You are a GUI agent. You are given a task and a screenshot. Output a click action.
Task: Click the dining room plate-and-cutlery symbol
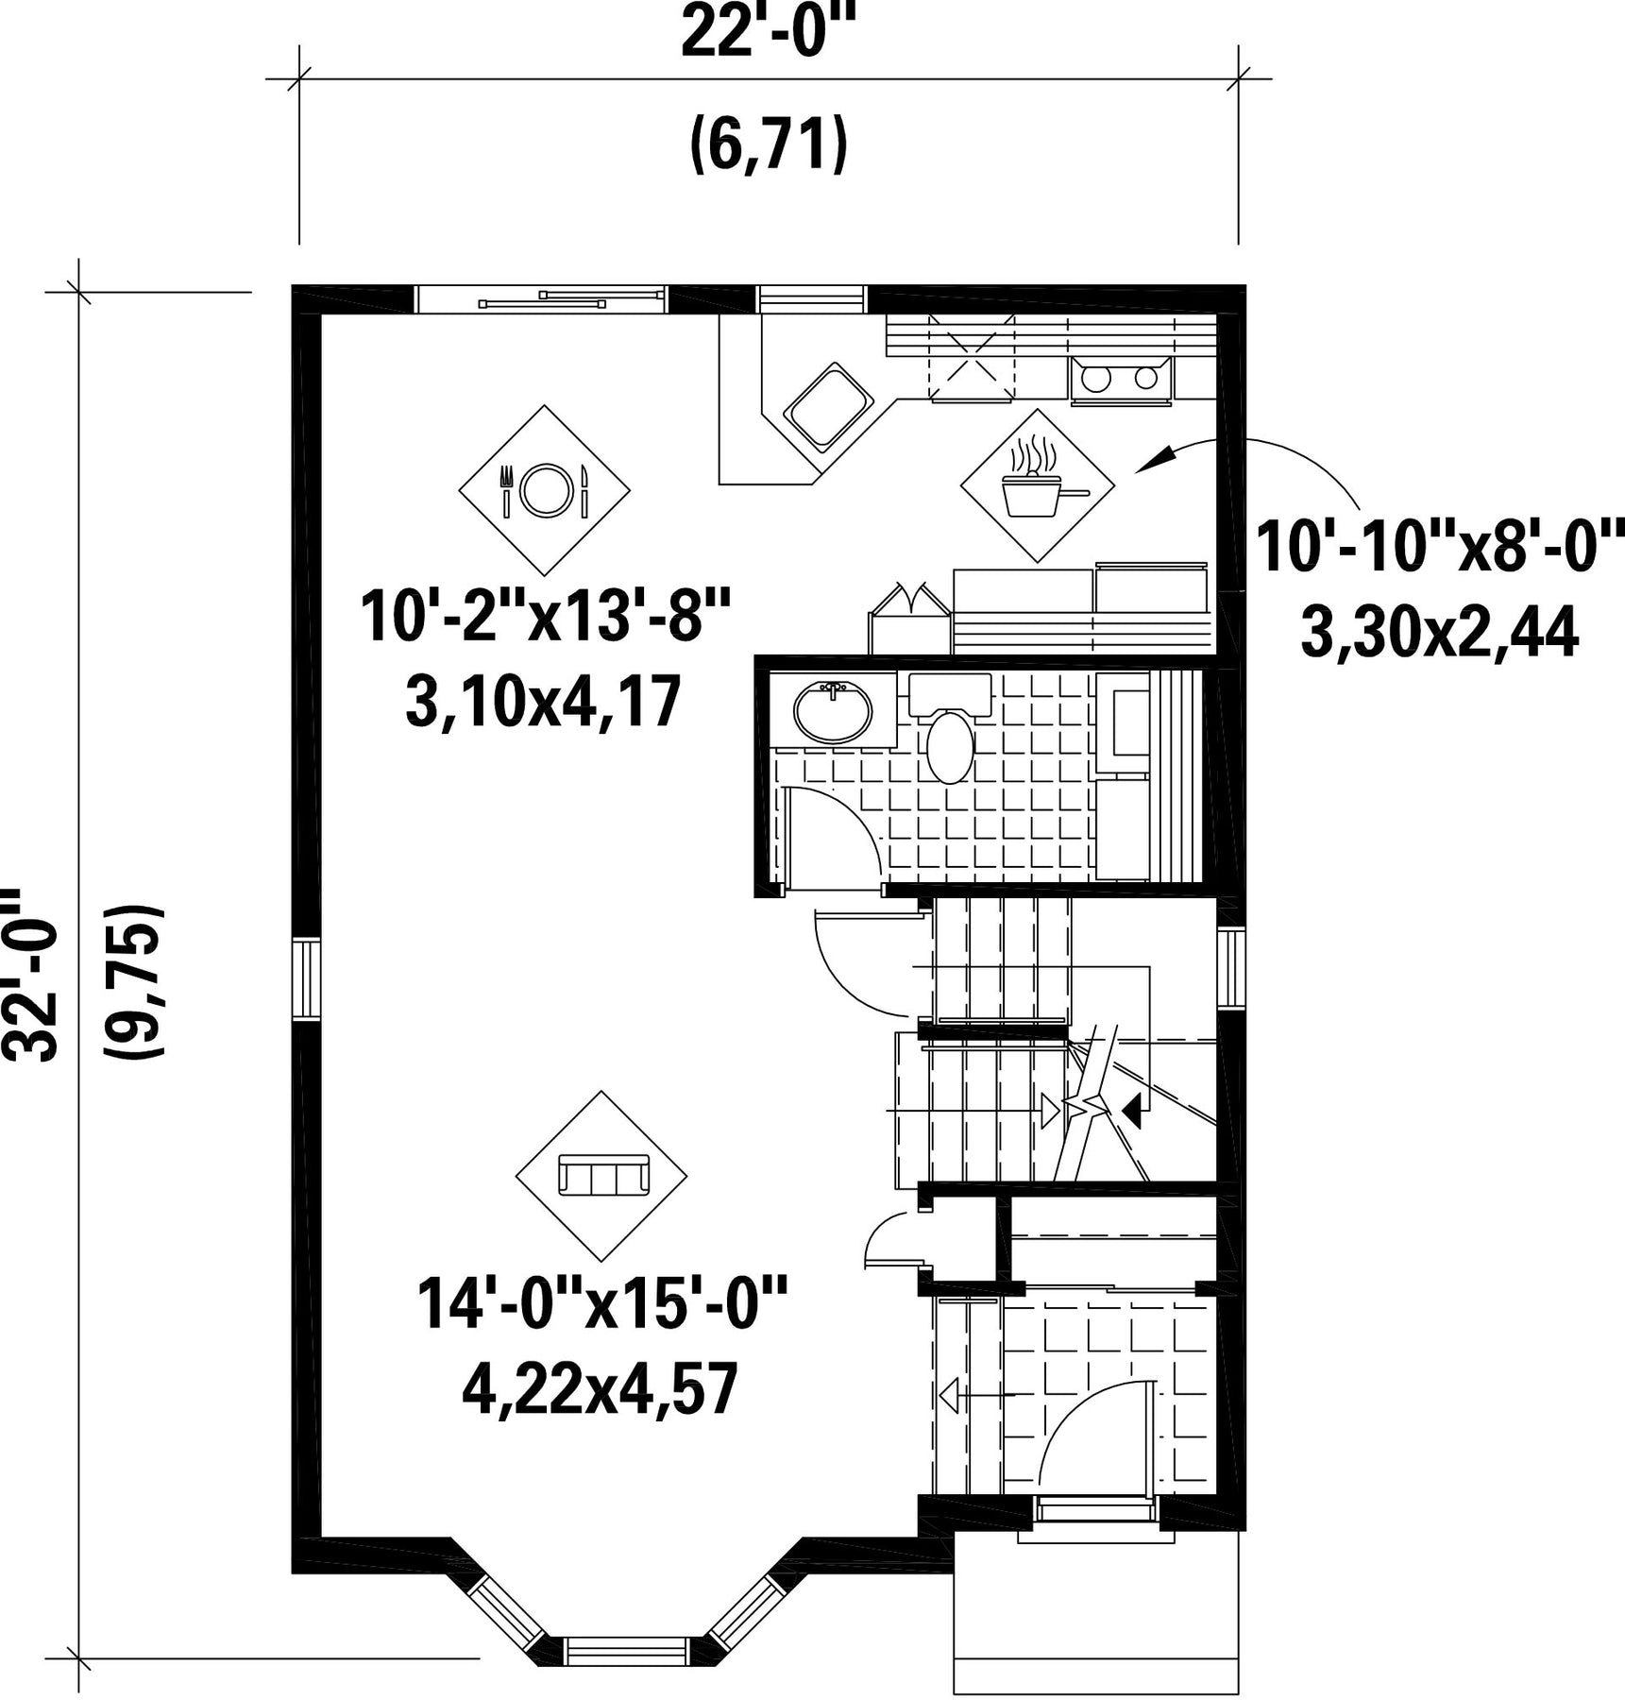click(545, 489)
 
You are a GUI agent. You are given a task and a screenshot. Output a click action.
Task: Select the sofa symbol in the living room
click(601, 1176)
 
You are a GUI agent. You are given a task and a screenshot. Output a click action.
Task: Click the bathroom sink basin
click(832, 712)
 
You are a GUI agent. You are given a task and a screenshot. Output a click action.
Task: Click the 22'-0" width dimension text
click(768, 34)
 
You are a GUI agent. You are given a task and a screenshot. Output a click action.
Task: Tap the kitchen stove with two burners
click(1121, 381)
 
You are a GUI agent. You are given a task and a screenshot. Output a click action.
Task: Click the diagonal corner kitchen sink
click(827, 405)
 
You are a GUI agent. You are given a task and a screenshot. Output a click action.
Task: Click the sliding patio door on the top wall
click(541, 299)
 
